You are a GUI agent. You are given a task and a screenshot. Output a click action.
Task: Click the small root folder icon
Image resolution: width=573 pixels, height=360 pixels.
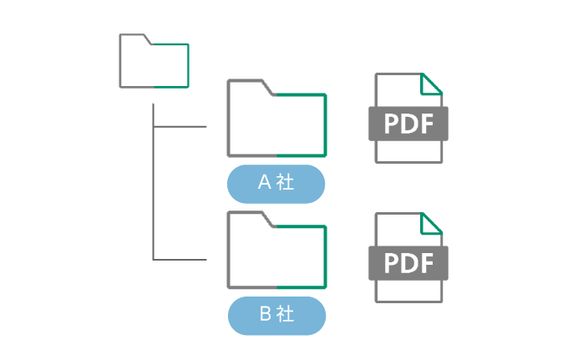(155, 62)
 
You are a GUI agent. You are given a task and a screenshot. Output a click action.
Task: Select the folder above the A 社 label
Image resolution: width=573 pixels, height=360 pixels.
(276, 119)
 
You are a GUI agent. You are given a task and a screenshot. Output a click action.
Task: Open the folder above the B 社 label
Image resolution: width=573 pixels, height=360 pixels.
(276, 251)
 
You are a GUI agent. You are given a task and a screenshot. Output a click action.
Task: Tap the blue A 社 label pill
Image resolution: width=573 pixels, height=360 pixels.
(276, 183)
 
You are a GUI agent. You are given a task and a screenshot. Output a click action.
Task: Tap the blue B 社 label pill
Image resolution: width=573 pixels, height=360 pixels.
(276, 315)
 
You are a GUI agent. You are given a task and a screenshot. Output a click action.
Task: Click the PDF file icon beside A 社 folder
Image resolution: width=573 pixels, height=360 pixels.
(408, 119)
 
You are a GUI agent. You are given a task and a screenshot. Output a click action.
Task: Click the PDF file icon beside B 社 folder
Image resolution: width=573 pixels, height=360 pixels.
(408, 258)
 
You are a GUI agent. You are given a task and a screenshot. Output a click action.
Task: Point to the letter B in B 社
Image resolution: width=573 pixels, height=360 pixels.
(264, 315)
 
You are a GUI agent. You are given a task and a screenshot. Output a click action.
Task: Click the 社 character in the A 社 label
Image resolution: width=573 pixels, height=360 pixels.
(286, 183)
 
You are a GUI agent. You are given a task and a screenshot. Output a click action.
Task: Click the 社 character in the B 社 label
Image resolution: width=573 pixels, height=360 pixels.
(286, 315)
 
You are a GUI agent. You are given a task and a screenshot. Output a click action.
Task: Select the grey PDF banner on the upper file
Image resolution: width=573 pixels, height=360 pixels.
(408, 124)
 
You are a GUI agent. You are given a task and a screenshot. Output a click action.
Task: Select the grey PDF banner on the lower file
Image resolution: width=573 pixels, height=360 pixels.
(408, 263)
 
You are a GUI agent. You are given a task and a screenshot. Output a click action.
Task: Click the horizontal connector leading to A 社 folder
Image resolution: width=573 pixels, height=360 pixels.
(180, 128)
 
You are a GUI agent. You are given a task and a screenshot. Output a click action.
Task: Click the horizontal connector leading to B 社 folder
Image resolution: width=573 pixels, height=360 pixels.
(180, 260)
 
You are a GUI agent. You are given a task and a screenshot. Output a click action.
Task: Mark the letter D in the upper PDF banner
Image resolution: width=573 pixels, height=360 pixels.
(408, 124)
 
